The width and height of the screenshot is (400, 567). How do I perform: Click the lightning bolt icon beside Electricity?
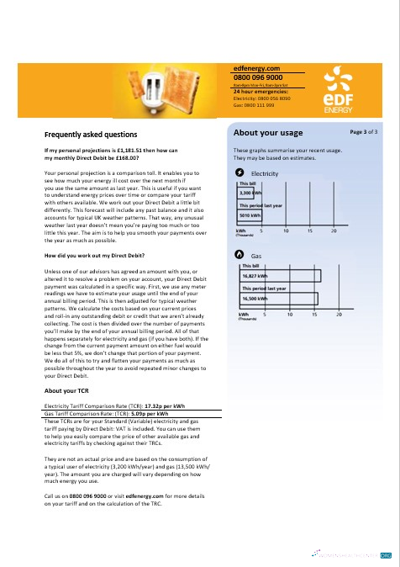pos(239,172)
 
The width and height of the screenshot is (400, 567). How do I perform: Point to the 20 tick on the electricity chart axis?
pos(334,230)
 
